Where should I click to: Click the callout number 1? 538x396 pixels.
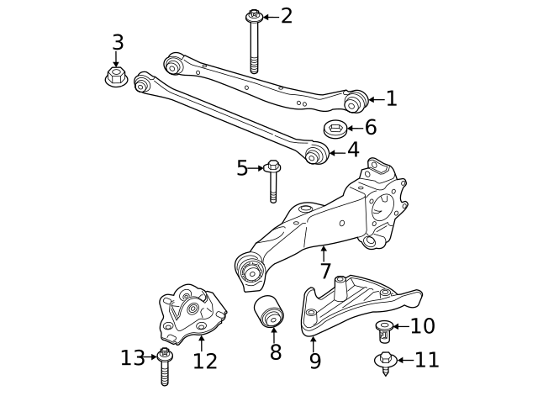tap(391, 99)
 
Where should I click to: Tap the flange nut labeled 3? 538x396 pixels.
tap(116, 77)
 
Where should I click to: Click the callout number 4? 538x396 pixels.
tap(353, 150)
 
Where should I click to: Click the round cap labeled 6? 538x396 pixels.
tap(335, 129)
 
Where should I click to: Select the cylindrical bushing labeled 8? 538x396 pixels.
tap(271, 314)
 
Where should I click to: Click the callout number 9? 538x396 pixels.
tap(314, 361)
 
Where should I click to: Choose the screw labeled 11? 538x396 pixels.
tap(385, 362)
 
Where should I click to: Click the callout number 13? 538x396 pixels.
tap(132, 358)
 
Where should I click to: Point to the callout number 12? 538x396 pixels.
tap(204, 361)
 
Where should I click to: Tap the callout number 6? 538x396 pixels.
tap(370, 129)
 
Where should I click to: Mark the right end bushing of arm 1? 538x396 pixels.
tap(356, 101)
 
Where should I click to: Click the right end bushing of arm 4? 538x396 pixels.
tap(316, 154)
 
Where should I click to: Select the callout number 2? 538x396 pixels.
tap(287, 15)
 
